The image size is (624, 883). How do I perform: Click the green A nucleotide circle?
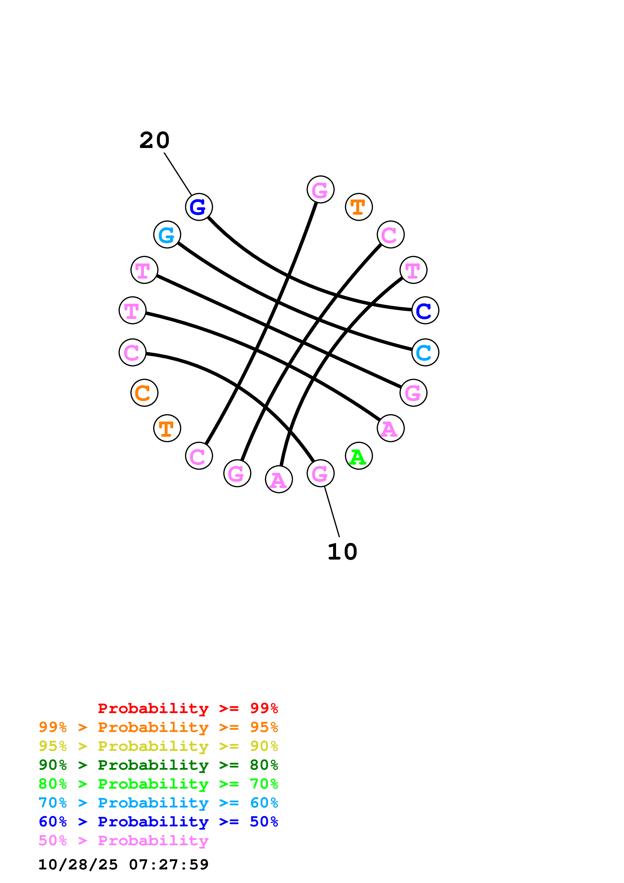click(359, 456)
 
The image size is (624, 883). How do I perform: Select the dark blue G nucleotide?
click(199, 207)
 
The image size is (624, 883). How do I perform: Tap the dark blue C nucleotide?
click(425, 310)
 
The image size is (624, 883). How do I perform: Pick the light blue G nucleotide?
click(167, 235)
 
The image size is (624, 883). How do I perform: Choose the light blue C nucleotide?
click(425, 352)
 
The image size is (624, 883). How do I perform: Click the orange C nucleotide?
click(144, 393)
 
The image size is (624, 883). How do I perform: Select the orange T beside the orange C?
click(167, 428)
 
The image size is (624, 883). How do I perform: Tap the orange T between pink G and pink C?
click(359, 207)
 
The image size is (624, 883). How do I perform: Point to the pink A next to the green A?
click(390, 428)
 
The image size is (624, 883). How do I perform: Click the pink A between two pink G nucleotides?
click(279, 479)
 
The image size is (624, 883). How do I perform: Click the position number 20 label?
click(154, 140)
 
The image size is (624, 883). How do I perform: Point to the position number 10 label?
click(342, 552)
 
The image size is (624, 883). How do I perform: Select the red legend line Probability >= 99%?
click(188, 708)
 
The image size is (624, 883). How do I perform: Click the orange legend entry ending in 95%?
click(158, 727)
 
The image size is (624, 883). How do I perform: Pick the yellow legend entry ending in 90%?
click(158, 746)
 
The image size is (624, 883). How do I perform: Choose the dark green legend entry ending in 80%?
click(158, 765)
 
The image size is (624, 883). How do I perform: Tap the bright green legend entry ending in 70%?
click(158, 784)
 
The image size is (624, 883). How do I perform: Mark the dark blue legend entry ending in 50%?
click(158, 822)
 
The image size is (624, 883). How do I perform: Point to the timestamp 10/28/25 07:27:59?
click(123, 865)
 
